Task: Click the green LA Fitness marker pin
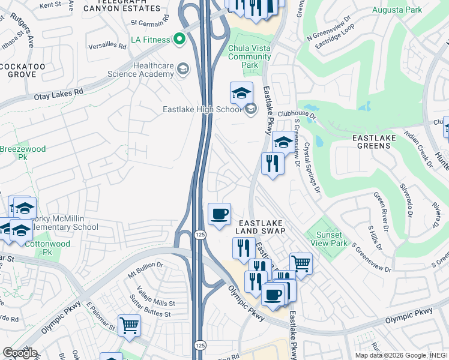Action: pyautogui.click(x=178, y=40)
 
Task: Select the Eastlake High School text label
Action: pyautogui.click(x=201, y=109)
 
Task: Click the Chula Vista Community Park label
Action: pyautogui.click(x=250, y=56)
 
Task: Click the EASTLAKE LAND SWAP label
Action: pyautogui.click(x=260, y=226)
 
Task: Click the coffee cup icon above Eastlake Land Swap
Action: pyautogui.click(x=219, y=213)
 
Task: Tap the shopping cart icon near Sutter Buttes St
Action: pyautogui.click(x=129, y=325)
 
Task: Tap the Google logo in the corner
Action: pyautogui.click(x=20, y=353)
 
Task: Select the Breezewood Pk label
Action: pyautogui.click(x=14, y=152)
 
